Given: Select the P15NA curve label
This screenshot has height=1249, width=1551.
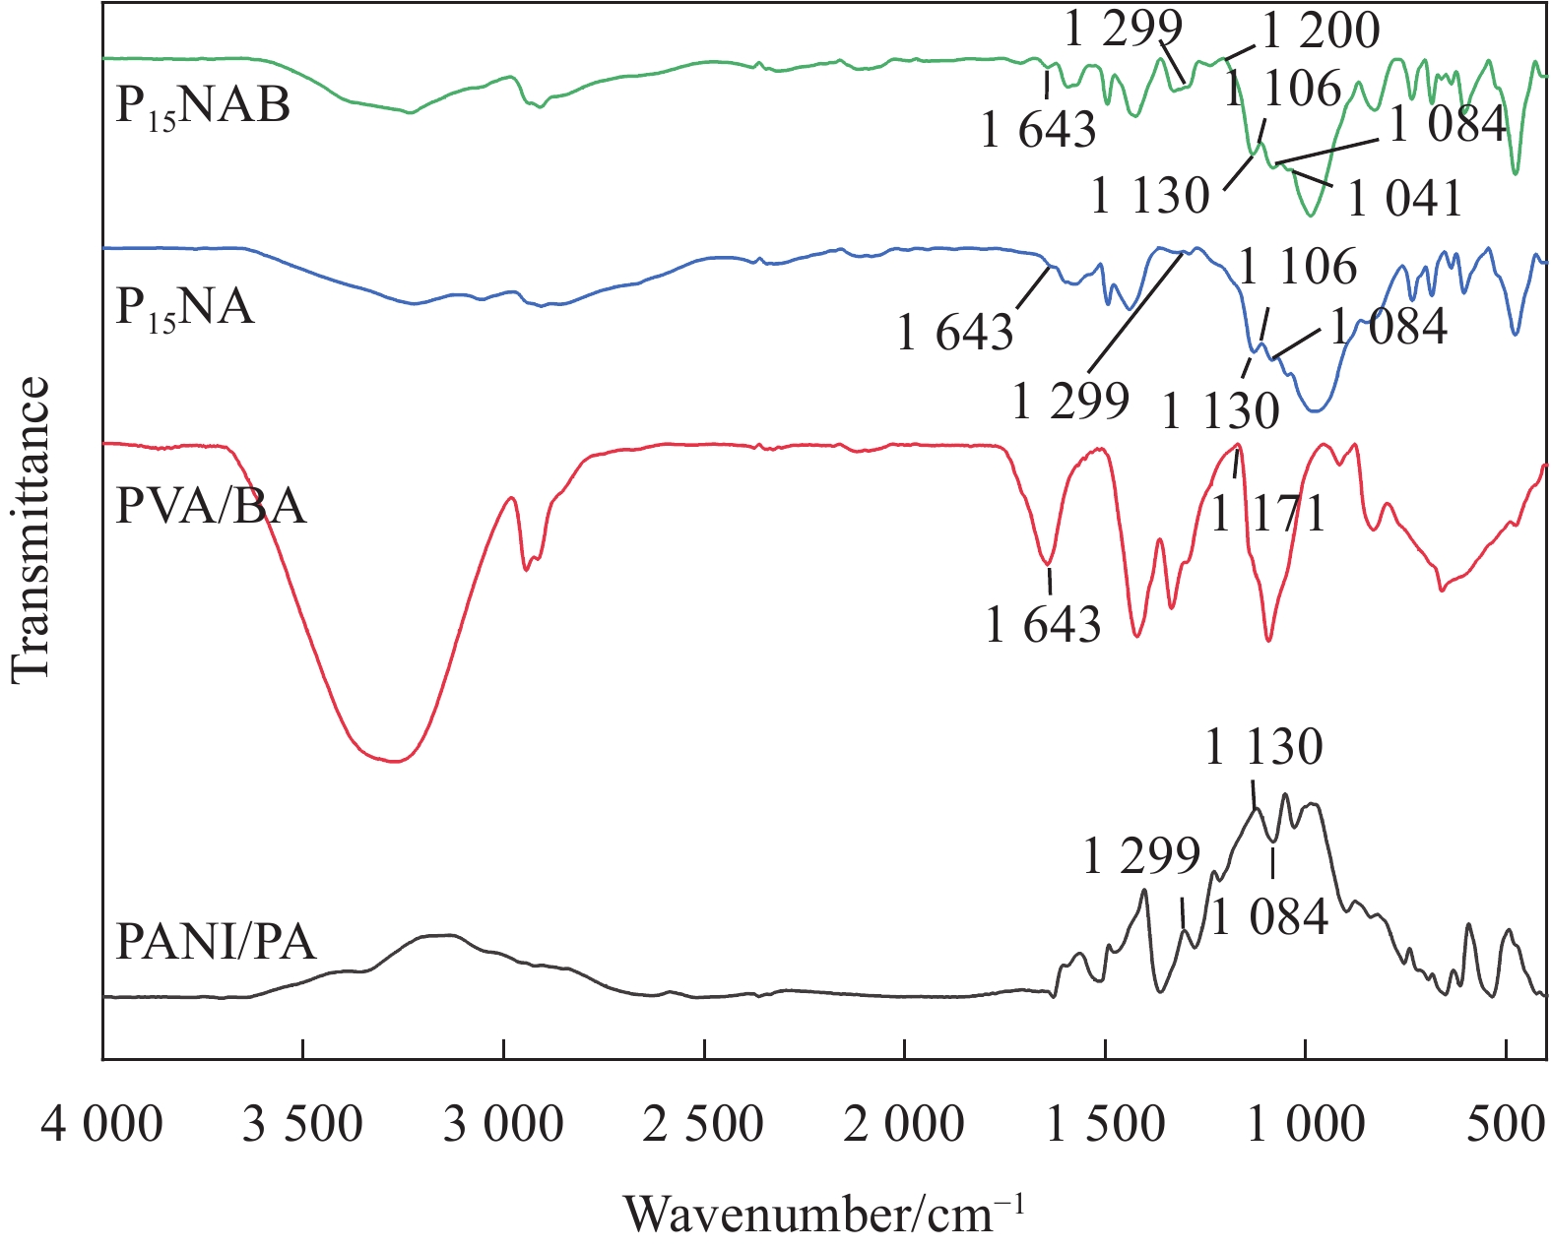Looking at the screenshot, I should click(x=185, y=308).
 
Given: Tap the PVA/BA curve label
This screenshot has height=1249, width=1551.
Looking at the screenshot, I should click(x=211, y=507).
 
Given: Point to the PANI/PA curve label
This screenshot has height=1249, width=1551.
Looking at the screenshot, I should click(x=216, y=942).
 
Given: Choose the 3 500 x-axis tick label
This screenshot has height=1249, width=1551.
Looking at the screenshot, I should click(x=303, y=1123).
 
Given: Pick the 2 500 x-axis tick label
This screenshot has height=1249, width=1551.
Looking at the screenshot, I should click(x=703, y=1123).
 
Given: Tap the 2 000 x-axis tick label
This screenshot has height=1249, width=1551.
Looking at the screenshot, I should click(x=904, y=1123).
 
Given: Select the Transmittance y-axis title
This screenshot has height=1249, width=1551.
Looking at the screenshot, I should click(x=32, y=529).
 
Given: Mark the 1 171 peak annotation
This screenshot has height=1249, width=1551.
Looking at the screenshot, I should click(x=1268, y=513).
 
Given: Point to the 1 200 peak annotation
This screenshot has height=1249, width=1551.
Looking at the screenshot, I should click(x=1322, y=31).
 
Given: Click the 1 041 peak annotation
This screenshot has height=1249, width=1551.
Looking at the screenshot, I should click(x=1404, y=199).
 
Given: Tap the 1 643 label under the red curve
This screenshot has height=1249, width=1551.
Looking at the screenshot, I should click(x=1043, y=624).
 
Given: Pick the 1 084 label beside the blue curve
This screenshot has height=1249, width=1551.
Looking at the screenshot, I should click(x=1389, y=327).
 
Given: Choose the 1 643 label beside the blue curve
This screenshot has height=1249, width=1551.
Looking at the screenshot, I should click(x=955, y=333).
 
